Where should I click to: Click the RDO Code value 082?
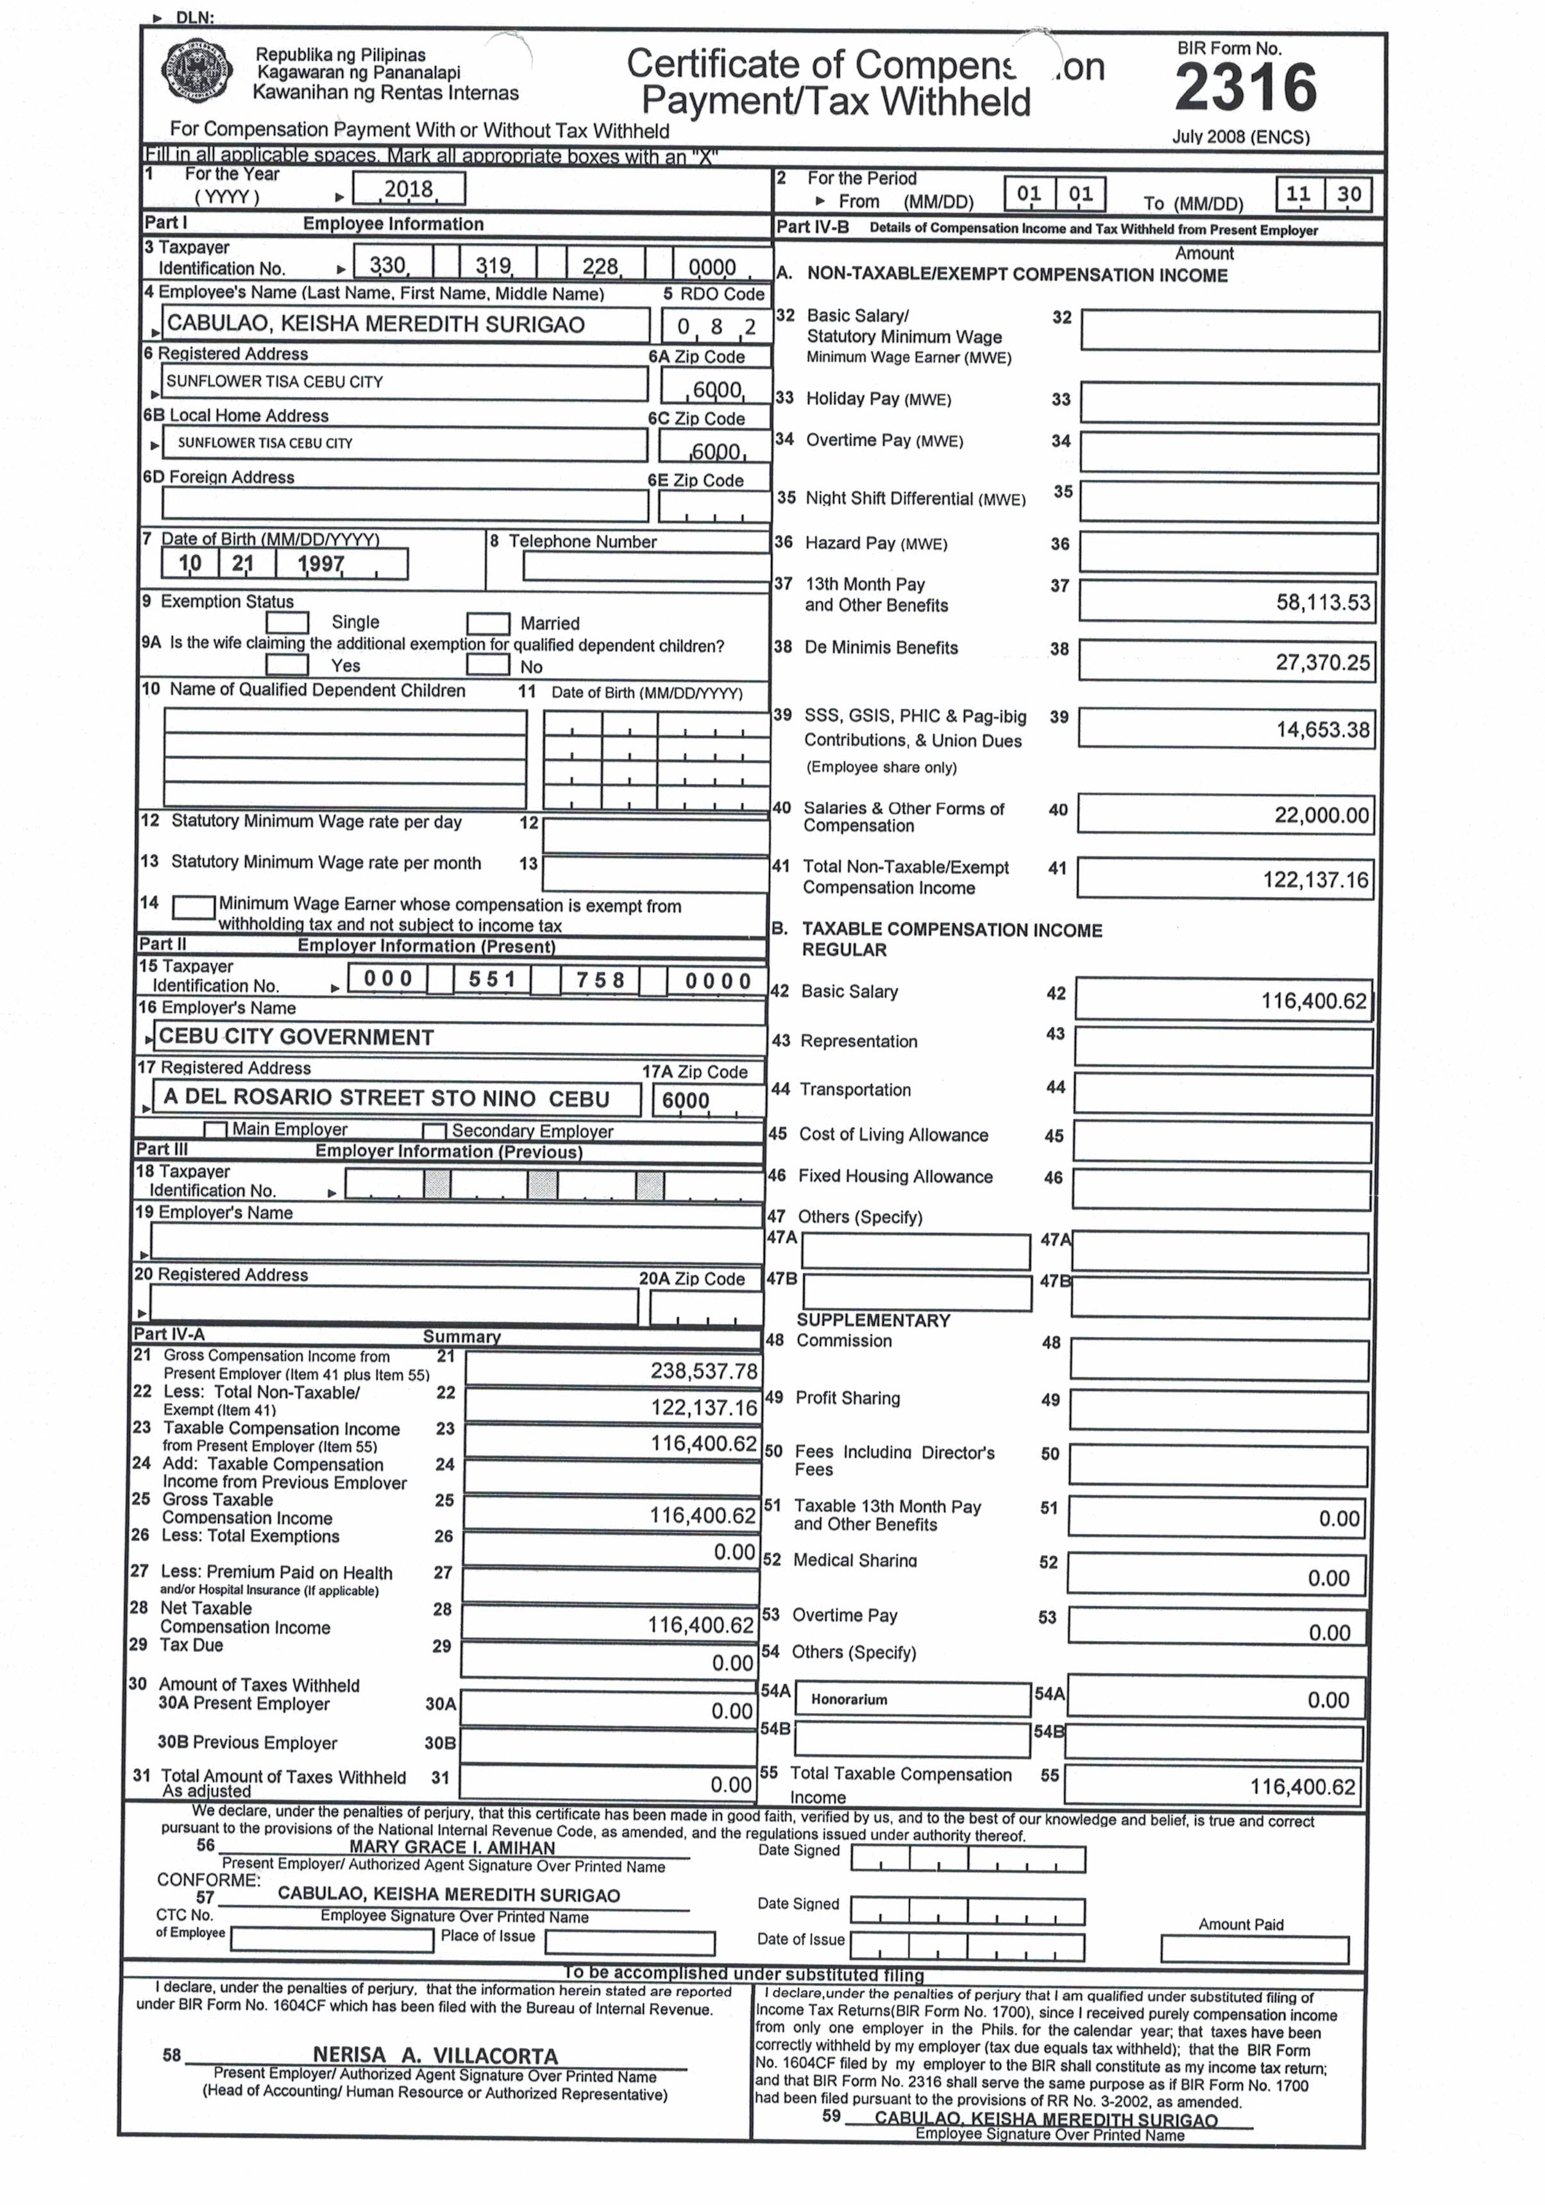715,327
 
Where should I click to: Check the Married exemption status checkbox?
488,624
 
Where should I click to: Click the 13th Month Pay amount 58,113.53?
1322,603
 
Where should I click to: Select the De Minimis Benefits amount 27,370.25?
1322,663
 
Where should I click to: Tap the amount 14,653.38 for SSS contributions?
1322,730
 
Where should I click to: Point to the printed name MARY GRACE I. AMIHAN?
452,1847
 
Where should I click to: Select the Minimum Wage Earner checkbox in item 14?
193,907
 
